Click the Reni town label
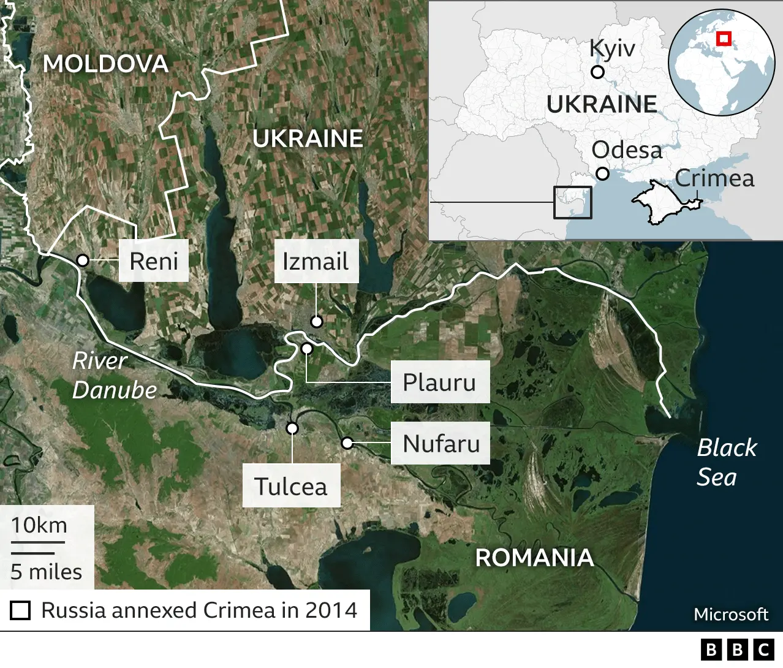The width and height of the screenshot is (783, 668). tap(153, 261)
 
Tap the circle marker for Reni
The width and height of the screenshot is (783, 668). tap(83, 260)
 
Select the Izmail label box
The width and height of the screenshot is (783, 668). tap(316, 262)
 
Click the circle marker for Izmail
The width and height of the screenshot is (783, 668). tap(316, 321)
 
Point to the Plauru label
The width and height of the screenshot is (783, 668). tap(439, 382)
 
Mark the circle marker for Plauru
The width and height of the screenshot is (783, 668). tap(307, 349)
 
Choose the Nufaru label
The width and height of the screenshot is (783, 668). tap(441, 443)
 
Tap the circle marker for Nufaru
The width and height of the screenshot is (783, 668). tap(347, 442)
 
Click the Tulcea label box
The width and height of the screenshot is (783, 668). tap(291, 487)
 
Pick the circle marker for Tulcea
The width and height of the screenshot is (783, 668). tap(292, 428)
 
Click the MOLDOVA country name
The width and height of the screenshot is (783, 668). tap(105, 64)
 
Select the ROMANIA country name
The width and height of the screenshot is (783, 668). tap(534, 558)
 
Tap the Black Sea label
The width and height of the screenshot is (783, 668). tap(726, 462)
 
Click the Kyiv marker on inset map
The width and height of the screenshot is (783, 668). tap(597, 72)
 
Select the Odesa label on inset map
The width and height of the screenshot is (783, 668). tap(626, 150)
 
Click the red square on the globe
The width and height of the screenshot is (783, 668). tap(724, 39)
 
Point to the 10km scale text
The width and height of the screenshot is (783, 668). tap(39, 525)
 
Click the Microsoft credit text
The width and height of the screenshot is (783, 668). tap(730, 614)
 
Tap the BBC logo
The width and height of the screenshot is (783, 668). tap(737, 650)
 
